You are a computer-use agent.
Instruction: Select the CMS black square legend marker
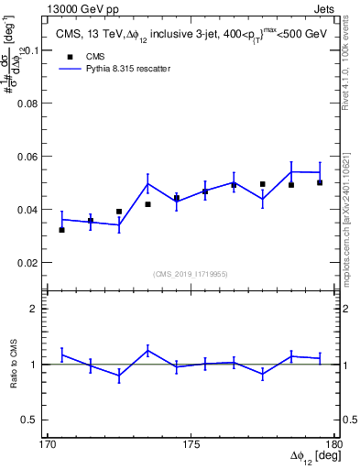point(64,57)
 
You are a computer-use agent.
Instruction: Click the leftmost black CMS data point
point(61,230)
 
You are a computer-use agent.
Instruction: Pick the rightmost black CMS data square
point(320,182)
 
